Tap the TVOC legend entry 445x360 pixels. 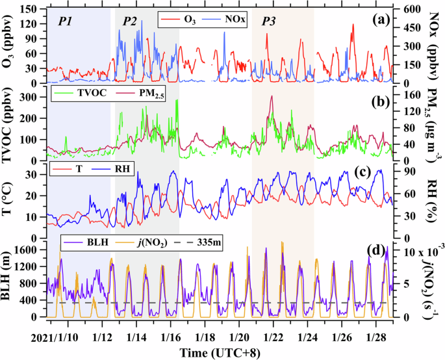(81, 92)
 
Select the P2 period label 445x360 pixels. (129, 21)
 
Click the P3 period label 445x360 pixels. (268, 21)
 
